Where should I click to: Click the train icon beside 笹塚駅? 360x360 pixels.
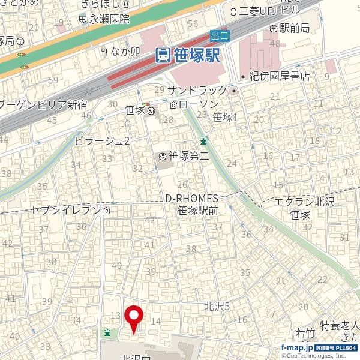coord(162,56)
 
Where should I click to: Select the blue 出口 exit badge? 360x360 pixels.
coord(219,35)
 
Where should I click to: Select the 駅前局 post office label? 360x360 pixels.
coord(293,28)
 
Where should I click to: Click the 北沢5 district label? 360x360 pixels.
coord(217,307)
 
